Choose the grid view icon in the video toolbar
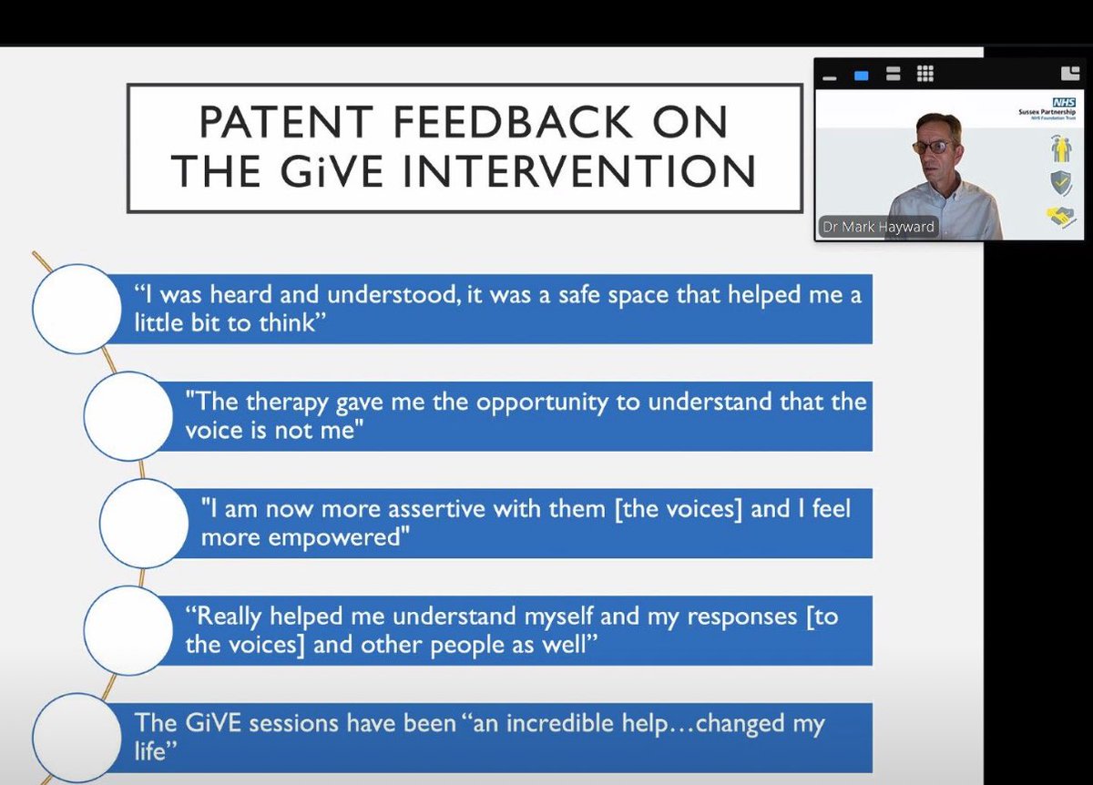[924, 75]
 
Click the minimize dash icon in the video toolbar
[830, 76]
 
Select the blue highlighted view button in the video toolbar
[861, 76]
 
